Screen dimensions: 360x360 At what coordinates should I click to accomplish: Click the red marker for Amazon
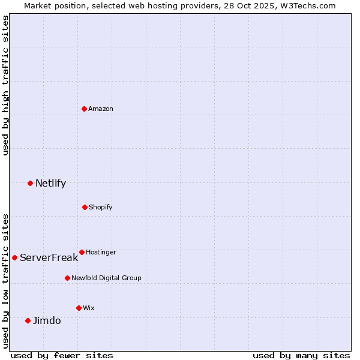[84, 109]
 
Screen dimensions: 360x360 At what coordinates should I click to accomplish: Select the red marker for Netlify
[30, 183]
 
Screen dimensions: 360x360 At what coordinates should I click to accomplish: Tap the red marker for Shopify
[85, 207]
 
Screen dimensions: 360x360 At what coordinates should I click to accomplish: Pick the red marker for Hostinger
[82, 252]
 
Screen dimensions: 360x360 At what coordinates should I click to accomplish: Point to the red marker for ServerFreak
[14, 257]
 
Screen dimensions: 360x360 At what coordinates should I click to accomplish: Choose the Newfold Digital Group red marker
[67, 278]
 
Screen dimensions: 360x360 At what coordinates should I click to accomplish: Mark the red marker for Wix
[79, 308]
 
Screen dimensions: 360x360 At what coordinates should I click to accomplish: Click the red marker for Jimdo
[28, 320]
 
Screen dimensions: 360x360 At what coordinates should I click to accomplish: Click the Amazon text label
[101, 109]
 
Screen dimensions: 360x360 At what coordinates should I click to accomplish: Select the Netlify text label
[50, 183]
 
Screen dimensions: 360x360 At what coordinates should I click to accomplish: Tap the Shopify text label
[101, 207]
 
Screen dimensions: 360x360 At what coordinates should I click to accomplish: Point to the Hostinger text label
[101, 252]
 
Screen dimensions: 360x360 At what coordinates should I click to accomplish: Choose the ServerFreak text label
[49, 257]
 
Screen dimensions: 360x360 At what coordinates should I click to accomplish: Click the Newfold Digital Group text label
[106, 278]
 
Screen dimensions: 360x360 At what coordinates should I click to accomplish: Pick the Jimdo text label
[47, 320]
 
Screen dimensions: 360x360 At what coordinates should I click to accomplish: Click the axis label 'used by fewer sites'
[62, 355]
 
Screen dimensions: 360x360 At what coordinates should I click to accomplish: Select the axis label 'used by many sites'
[301, 355]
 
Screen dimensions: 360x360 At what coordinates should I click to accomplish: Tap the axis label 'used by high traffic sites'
[5, 85]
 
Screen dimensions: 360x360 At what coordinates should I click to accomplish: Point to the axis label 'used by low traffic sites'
[5, 280]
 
